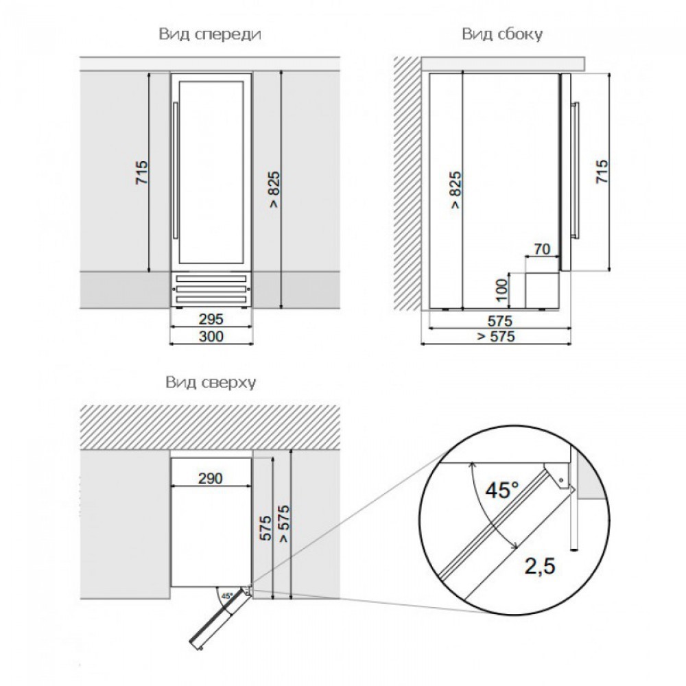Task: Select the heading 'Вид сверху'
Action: [x=209, y=383]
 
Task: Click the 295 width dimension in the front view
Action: [x=211, y=320]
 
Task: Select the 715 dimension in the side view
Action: [x=602, y=171]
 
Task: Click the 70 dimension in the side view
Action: [x=541, y=250]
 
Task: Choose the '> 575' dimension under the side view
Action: [x=495, y=336]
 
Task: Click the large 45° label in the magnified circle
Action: [x=501, y=490]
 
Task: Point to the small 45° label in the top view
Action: [x=227, y=595]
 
